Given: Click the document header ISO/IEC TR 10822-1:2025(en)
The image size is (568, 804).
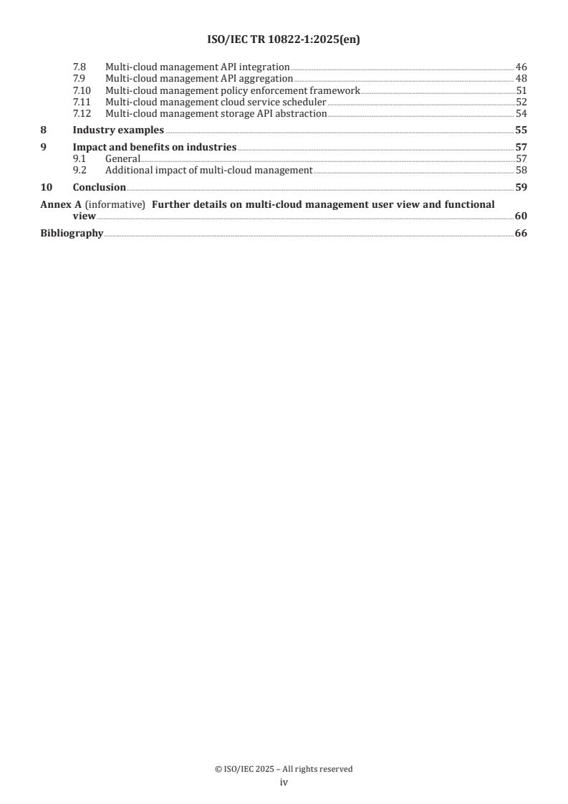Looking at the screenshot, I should point(284,40).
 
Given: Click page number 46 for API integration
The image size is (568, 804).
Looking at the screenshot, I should point(521,67).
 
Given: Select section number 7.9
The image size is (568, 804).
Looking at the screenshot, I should point(80,78).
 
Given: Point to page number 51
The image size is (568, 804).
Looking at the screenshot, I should point(521,91).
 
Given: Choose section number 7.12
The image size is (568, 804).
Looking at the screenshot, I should point(82,114).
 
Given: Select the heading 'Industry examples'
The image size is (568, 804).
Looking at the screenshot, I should point(118,130).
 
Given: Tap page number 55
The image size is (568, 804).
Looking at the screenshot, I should point(521,130).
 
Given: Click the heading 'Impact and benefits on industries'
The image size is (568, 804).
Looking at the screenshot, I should point(155,147).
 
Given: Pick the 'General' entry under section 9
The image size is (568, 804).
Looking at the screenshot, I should point(122,158).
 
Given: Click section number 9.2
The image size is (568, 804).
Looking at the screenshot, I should point(80,170).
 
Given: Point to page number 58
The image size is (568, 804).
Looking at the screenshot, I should point(521,170).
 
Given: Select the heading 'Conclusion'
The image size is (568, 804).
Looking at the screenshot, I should point(100,187).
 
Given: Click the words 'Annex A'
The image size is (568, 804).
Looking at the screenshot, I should point(60,204).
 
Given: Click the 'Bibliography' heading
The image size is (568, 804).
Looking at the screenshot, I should point(72,233).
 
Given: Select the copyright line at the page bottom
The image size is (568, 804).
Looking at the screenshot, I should point(284,769).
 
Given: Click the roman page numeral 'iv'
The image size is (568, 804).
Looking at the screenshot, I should point(284,783).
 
